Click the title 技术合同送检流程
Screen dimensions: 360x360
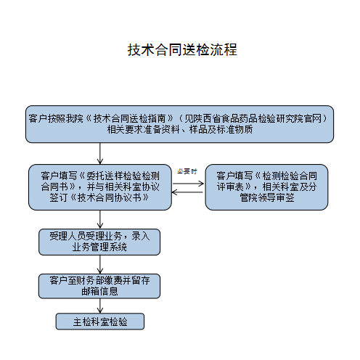coord(182,50)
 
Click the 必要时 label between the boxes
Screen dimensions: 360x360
coord(187,171)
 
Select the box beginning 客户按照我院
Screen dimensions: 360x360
coord(179,124)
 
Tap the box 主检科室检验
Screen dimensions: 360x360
coord(100,322)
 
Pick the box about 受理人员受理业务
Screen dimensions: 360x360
coord(99,242)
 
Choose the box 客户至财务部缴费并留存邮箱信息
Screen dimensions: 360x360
coord(99,286)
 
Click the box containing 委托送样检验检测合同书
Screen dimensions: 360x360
coord(100,187)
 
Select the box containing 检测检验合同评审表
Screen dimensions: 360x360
coord(266,187)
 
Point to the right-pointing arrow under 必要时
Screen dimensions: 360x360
coord(188,184)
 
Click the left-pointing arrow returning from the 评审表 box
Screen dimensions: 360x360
coord(187,192)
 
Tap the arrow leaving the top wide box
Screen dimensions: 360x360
coord(100,154)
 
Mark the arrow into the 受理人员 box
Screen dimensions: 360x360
coord(100,219)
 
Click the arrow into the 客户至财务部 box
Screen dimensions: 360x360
coord(100,264)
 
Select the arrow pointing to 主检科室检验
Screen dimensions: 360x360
coord(100,306)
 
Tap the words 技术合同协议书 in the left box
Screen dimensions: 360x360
coord(109,198)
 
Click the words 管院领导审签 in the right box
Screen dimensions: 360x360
coord(267,198)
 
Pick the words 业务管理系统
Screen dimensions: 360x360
coord(99,247)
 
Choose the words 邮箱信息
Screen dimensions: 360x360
coord(99,292)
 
